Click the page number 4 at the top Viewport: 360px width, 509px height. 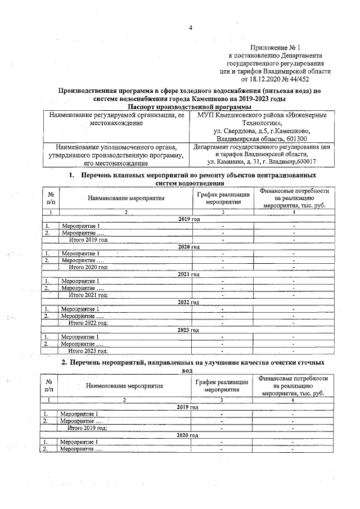tap(190, 29)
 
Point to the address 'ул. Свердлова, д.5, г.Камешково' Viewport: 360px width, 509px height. tap(262, 131)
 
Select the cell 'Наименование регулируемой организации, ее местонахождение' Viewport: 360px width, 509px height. tap(117, 119)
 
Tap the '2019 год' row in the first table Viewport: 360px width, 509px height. tap(188, 218)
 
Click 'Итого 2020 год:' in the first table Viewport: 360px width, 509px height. tap(88, 267)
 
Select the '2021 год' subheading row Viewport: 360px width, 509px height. tap(188, 274)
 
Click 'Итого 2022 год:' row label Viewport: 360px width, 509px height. tap(88, 323)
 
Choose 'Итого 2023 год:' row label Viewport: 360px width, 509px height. tap(88, 350)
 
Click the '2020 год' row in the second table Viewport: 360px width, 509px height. tap(188, 435)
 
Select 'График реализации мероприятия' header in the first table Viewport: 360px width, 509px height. tap(222, 197)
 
